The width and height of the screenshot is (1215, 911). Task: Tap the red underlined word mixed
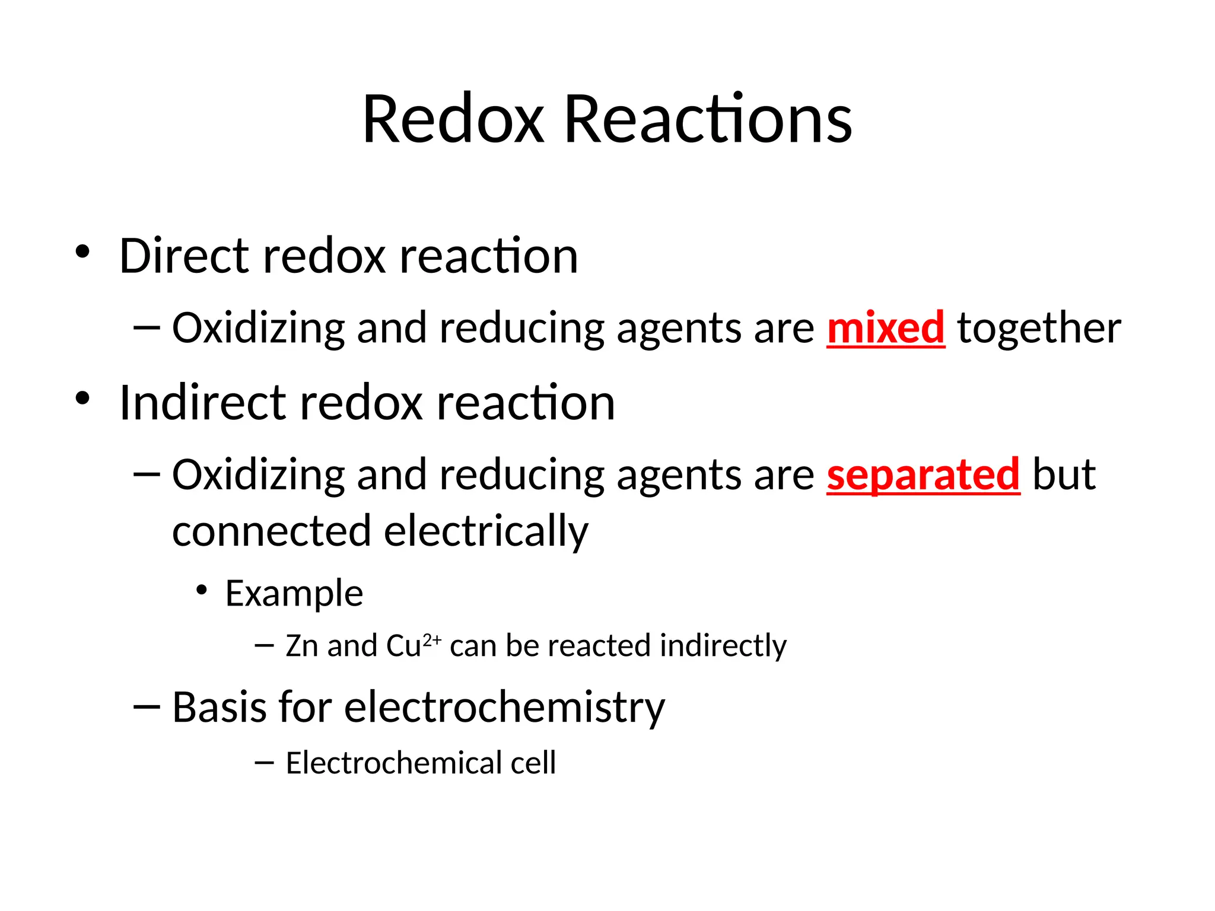pos(885,327)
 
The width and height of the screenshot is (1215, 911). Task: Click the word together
pos(1039,327)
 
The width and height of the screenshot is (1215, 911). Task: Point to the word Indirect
pos(202,403)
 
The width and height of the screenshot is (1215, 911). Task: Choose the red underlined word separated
pos(923,474)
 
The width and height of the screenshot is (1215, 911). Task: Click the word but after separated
pos(1064,474)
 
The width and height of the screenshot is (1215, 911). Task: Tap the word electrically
pos(486,531)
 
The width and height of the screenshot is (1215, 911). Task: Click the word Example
pos(294,593)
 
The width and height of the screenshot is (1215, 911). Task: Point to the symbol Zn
pos(301,645)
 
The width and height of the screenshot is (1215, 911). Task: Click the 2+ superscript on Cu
pos(432,640)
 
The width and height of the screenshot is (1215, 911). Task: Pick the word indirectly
pos(723,646)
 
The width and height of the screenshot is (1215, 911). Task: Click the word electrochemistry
pos(504,707)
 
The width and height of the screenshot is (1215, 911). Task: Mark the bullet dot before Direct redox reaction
pos(82,251)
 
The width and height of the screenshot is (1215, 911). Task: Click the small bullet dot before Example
pos(202,590)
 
